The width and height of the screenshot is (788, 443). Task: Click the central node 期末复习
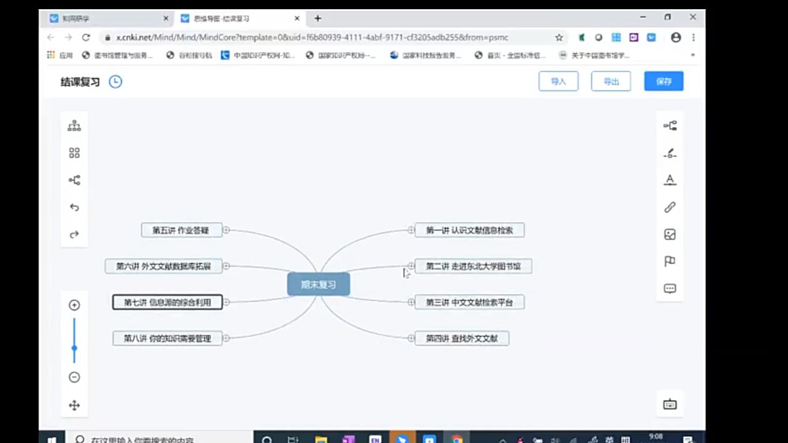pyautogui.click(x=318, y=284)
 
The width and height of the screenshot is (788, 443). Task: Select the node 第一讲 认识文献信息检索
pyautogui.click(x=469, y=230)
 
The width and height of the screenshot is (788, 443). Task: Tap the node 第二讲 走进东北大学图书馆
pyautogui.click(x=473, y=266)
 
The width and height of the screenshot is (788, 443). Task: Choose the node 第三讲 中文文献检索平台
pyautogui.click(x=469, y=302)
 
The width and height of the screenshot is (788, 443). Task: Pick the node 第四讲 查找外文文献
pyautogui.click(x=462, y=338)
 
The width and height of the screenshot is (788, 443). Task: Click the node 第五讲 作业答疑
pyautogui.click(x=181, y=230)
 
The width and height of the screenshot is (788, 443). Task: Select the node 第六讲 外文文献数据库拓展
pyautogui.click(x=164, y=266)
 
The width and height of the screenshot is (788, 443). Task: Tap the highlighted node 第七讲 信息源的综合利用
pyautogui.click(x=167, y=302)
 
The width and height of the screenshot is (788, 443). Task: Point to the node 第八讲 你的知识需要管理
pyautogui.click(x=167, y=338)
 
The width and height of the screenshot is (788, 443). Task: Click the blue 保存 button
pyautogui.click(x=664, y=81)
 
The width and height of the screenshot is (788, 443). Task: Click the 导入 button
pyautogui.click(x=558, y=81)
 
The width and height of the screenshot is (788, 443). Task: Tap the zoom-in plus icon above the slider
pyautogui.click(x=74, y=305)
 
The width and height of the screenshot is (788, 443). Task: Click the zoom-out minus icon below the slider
pyautogui.click(x=74, y=377)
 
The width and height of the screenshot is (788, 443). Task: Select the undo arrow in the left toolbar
pyautogui.click(x=74, y=207)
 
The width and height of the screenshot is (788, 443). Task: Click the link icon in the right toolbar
pyautogui.click(x=670, y=207)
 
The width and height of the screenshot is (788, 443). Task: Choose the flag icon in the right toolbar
pyautogui.click(x=670, y=261)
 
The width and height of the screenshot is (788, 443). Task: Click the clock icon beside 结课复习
pyautogui.click(x=115, y=81)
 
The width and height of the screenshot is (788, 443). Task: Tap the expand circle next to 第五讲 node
pyautogui.click(x=226, y=230)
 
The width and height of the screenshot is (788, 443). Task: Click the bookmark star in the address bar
pyautogui.click(x=559, y=38)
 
